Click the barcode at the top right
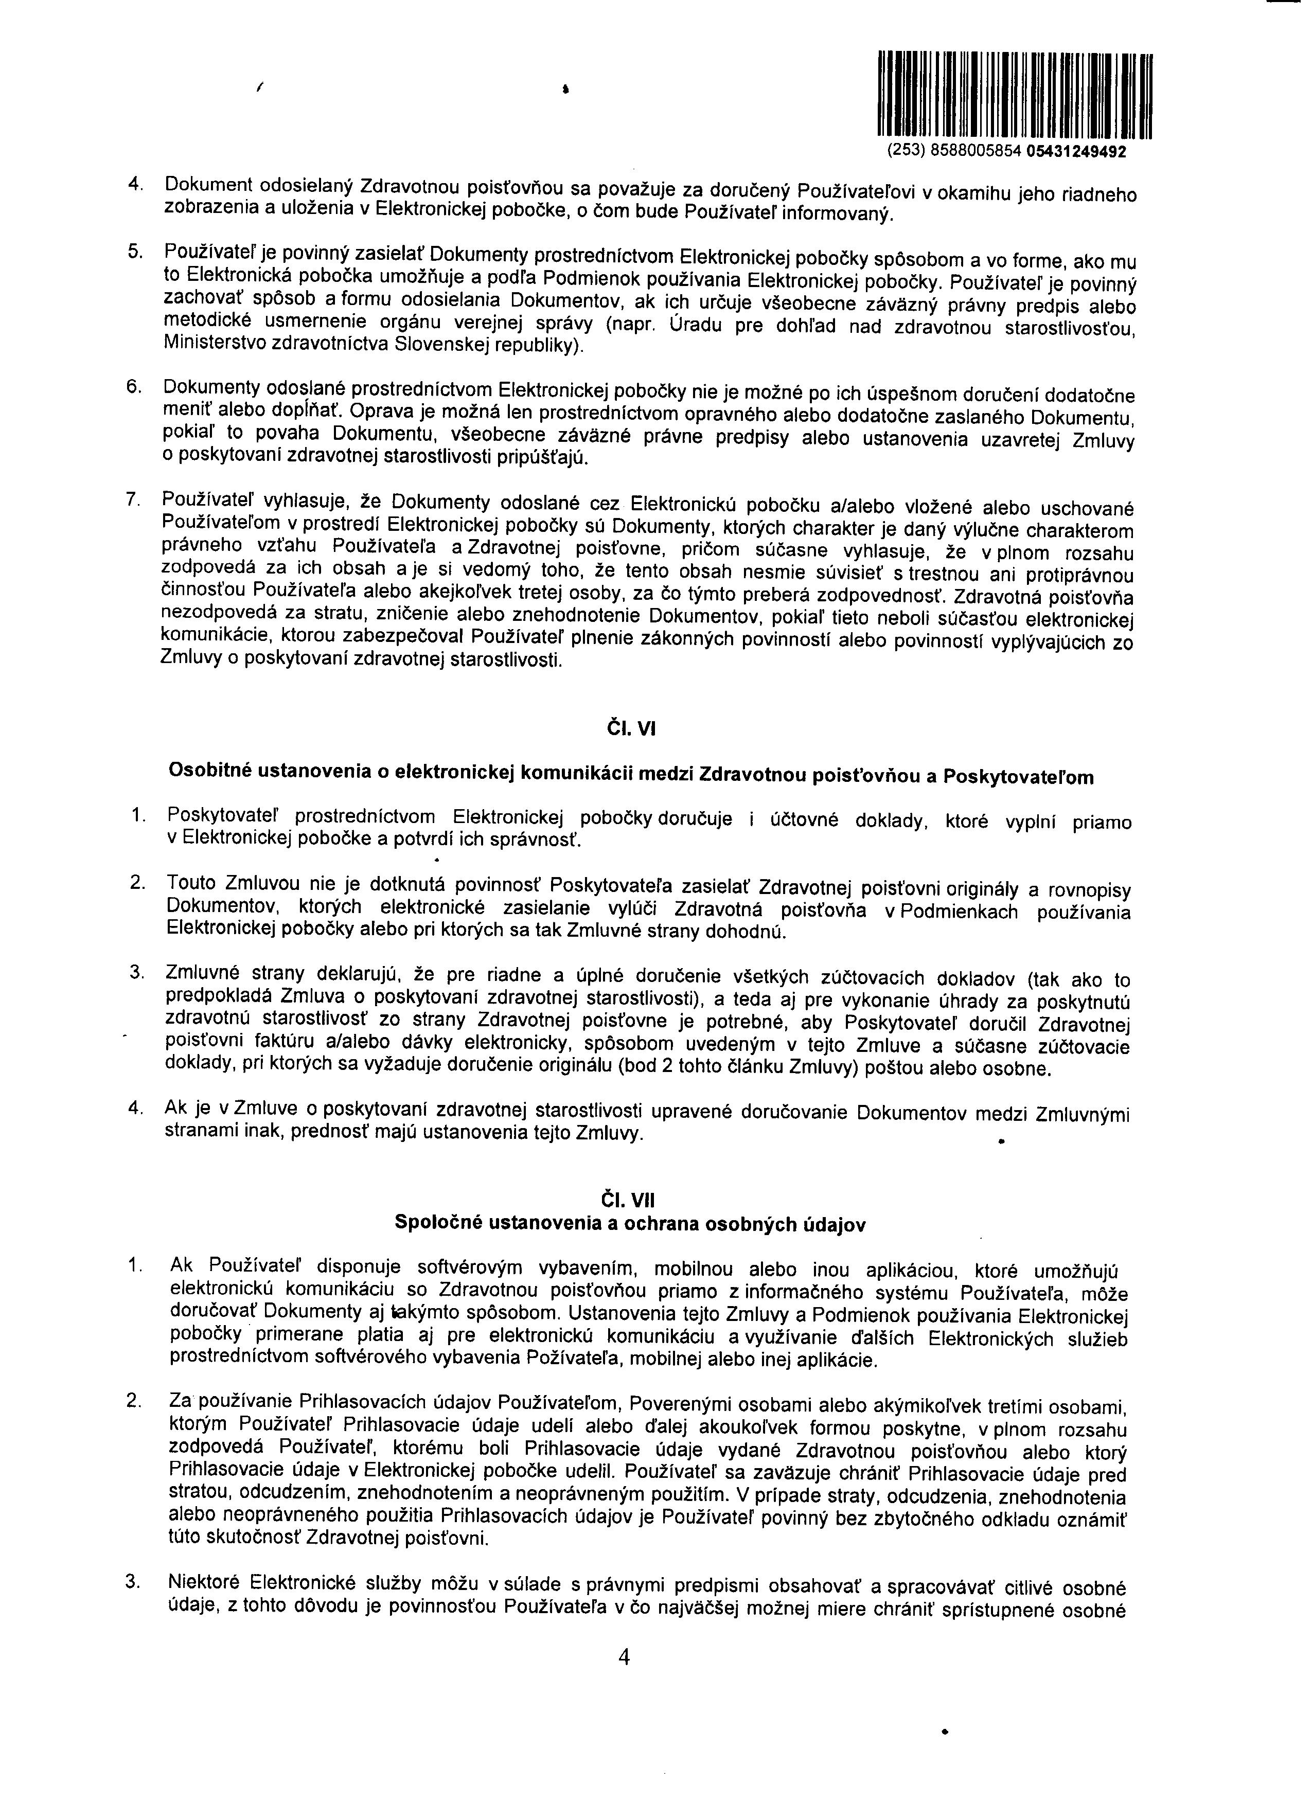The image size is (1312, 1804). (1015, 94)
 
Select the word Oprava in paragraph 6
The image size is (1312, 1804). (379, 412)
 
